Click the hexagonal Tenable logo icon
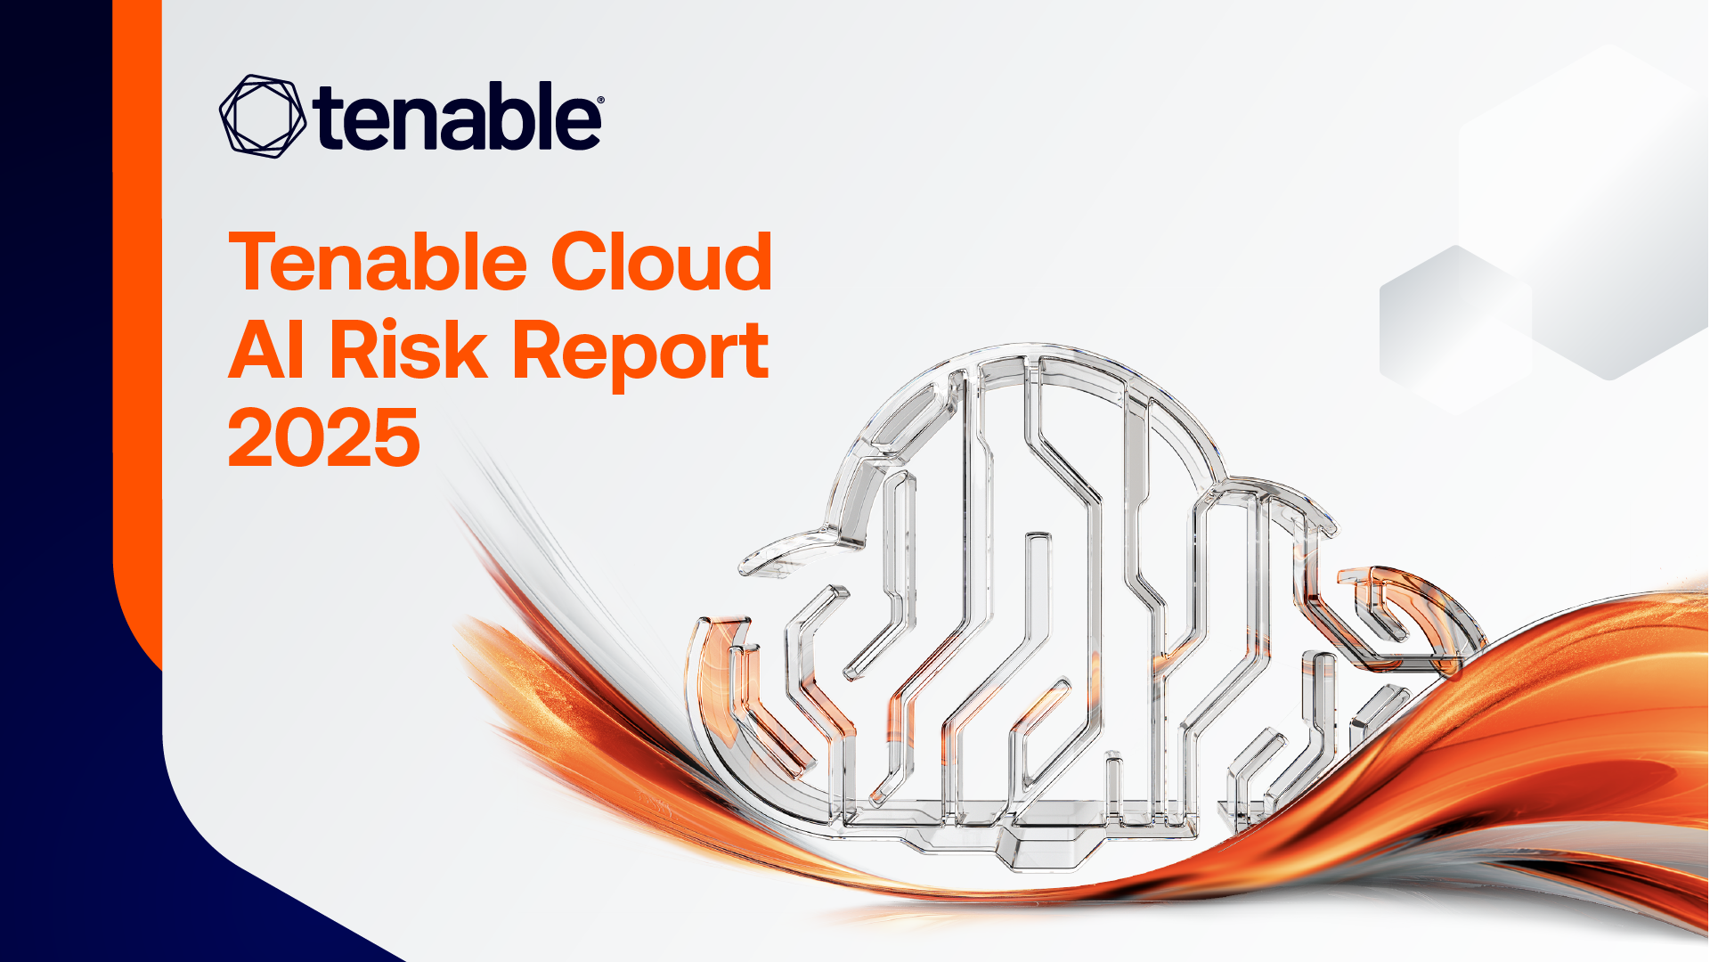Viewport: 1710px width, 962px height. tap(263, 116)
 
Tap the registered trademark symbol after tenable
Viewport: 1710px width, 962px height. tap(600, 102)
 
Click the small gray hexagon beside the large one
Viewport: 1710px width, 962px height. tap(1455, 330)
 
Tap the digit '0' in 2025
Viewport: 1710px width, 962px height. tap(300, 437)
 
